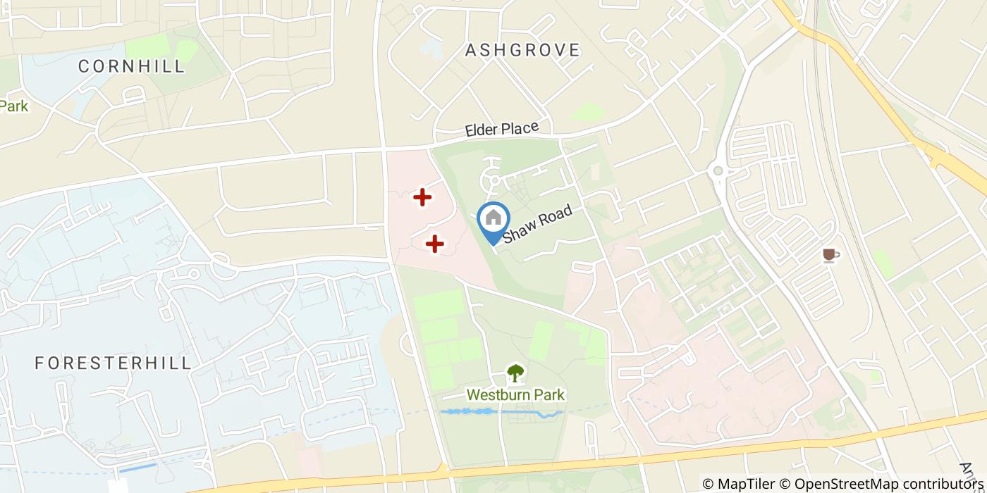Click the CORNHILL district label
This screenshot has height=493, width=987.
click(x=131, y=66)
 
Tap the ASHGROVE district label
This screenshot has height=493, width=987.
click(x=522, y=50)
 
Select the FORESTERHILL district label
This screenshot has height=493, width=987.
click(x=113, y=363)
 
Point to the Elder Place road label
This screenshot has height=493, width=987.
click(x=501, y=130)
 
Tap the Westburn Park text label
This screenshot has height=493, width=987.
click(x=515, y=395)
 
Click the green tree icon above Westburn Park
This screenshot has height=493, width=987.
click(x=515, y=373)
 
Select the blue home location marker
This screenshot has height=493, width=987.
click(x=493, y=220)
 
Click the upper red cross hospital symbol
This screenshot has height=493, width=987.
click(x=422, y=197)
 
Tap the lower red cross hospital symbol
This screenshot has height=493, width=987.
click(x=434, y=244)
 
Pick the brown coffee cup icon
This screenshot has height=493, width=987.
click(x=830, y=255)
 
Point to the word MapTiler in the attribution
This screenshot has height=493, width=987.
click(x=746, y=484)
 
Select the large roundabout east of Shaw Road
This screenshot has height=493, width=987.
click(x=718, y=170)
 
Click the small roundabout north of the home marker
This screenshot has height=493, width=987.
click(x=494, y=181)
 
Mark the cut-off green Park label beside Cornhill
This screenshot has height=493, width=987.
click(x=14, y=106)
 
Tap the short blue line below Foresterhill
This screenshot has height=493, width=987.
click(x=137, y=468)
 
